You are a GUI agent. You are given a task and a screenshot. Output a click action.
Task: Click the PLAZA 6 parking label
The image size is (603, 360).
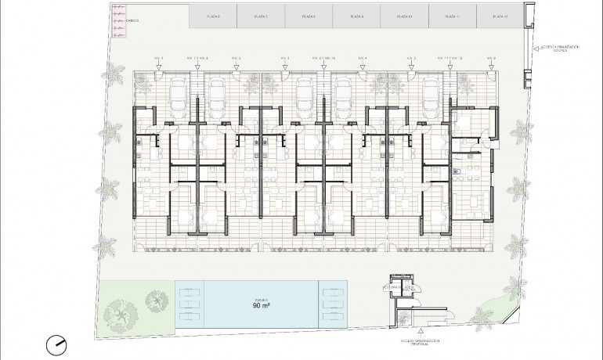click(x=214, y=16)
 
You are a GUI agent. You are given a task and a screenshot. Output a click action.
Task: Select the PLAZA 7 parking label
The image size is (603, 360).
click(x=262, y=16)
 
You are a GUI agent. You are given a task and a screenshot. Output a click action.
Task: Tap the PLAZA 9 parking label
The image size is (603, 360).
click(x=356, y=16)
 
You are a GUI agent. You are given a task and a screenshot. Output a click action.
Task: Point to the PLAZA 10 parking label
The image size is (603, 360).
click(x=403, y=16)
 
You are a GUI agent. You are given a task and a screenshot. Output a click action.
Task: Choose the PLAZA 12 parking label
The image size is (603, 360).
click(x=499, y=16)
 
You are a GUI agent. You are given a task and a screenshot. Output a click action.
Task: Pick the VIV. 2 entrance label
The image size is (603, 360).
click(x=236, y=59)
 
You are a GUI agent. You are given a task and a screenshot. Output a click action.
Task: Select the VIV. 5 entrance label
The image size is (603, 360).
click(x=412, y=59)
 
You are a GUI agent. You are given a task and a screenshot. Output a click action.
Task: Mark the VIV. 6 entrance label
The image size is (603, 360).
click(x=491, y=59)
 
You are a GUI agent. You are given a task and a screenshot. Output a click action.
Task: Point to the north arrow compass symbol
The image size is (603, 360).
click(x=57, y=343)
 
